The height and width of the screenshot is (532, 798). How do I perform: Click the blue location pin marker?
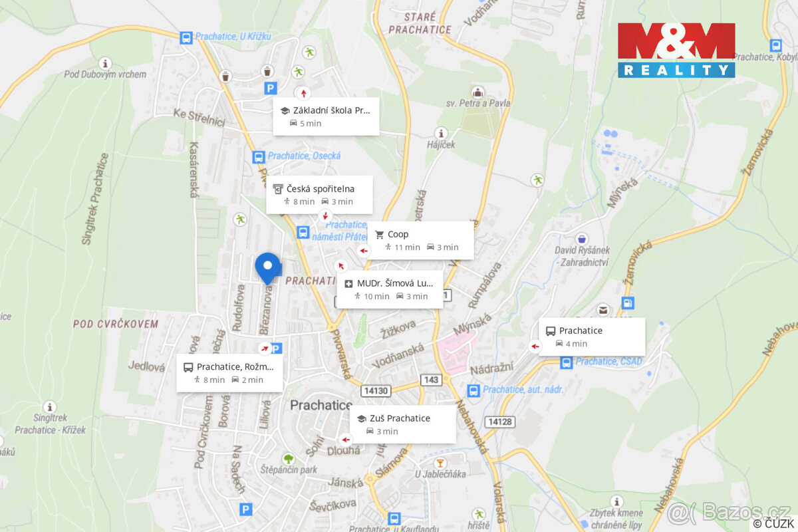[268, 267]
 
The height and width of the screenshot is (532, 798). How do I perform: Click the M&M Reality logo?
[676, 51]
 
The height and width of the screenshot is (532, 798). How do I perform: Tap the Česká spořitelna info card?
[319, 195]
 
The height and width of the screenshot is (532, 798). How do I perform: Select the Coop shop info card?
[420, 240]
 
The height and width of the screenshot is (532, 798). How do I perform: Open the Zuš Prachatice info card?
[402, 424]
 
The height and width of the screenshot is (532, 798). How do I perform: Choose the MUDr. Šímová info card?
[390, 289]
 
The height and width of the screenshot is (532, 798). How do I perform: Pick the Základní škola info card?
[326, 116]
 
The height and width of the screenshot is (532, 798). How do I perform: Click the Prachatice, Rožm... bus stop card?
[229, 373]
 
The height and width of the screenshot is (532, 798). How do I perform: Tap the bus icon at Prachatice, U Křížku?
[187, 37]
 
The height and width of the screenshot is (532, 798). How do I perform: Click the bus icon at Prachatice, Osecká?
[259, 157]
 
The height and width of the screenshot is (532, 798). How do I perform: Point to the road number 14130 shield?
[375, 390]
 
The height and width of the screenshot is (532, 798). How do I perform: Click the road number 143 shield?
[431, 379]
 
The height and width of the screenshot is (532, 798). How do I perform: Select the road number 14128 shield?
[499, 422]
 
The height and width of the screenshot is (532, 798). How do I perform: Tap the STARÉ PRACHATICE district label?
[420, 23]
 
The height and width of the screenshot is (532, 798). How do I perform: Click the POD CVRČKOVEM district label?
[116, 324]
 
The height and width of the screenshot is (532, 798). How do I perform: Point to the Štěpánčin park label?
[289, 469]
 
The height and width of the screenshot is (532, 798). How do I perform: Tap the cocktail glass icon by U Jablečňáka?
[439, 462]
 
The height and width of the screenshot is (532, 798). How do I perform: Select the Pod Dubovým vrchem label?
[105, 74]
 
